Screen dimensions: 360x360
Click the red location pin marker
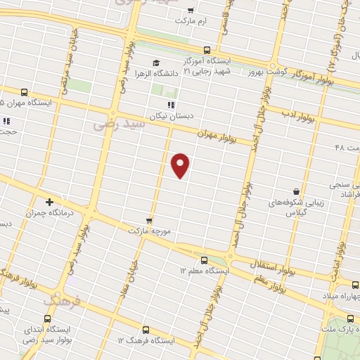point(181,165)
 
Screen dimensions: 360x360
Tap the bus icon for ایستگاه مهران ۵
point(25,91)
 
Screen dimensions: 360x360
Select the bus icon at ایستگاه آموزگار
point(207,50)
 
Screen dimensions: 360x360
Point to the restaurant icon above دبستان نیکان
point(171,105)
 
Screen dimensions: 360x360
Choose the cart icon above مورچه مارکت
point(149,219)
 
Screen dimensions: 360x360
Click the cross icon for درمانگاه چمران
point(49,202)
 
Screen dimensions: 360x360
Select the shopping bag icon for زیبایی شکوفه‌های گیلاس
point(297,191)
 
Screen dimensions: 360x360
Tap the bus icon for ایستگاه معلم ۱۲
point(204,259)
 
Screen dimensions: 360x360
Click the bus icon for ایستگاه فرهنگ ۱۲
point(146,329)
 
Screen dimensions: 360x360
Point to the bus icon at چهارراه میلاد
point(354,285)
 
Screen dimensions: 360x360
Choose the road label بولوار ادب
point(291,112)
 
